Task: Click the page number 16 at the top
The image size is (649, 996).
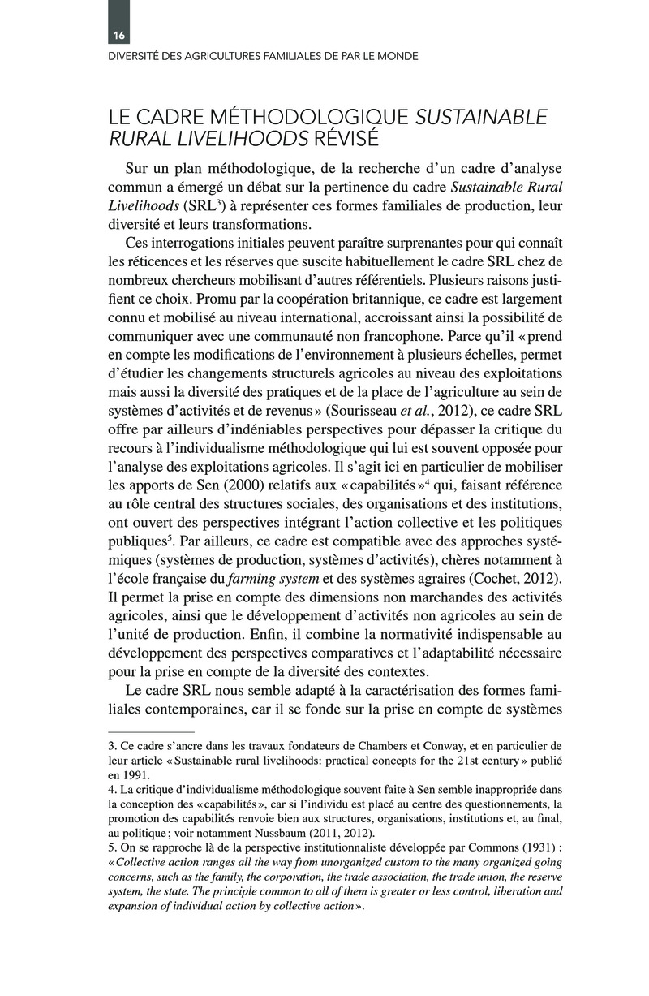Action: [118, 35]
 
